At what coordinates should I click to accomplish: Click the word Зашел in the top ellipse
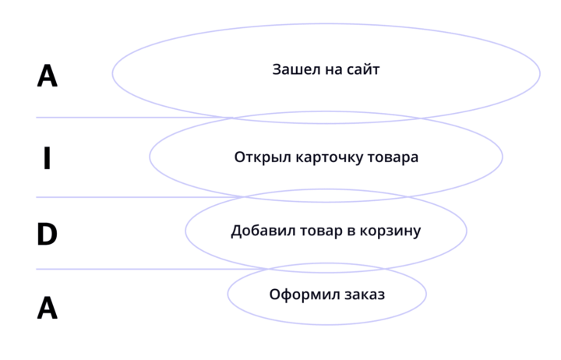tap(296, 69)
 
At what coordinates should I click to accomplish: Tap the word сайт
tap(363, 69)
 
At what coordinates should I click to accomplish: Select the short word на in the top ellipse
tap(333, 70)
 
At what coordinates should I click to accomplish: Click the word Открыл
tap(263, 157)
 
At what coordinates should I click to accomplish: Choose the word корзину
tap(390, 232)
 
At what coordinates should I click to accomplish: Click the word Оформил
tap(305, 295)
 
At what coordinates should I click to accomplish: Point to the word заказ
tap(365, 295)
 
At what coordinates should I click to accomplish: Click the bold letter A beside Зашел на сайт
tap(48, 76)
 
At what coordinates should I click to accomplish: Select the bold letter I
tap(47, 158)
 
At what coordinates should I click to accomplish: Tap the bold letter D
tap(47, 234)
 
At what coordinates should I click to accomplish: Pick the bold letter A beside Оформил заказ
tap(48, 308)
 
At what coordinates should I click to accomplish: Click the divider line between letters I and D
tap(139, 197)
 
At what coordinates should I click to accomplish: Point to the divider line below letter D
tap(151, 269)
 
